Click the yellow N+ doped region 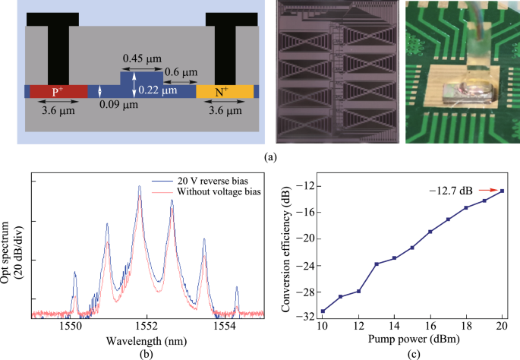[225, 91]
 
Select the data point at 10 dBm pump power [323, 311]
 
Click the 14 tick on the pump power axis [394, 325]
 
